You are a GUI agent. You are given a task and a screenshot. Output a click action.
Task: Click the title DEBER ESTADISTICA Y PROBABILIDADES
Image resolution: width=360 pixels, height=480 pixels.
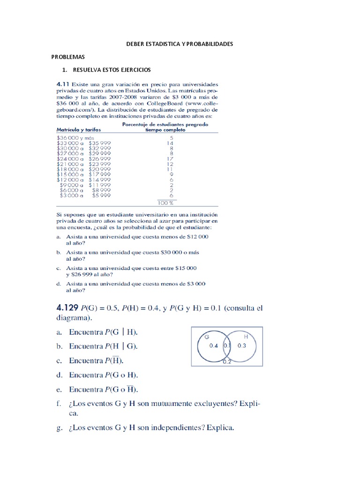pyautogui.click(x=180, y=44)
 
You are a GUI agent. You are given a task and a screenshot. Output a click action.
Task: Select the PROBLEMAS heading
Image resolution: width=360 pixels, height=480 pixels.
pyautogui.click(x=67, y=57)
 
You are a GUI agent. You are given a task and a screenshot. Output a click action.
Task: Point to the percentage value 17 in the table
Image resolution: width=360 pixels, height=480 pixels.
pyautogui.click(x=170, y=158)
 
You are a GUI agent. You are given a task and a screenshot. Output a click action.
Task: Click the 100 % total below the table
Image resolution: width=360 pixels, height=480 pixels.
pyautogui.click(x=165, y=203)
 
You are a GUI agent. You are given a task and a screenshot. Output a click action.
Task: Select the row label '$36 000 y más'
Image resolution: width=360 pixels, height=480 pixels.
pyautogui.click(x=75, y=138)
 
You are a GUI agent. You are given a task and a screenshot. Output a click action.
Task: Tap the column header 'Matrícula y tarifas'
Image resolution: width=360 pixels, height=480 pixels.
pyautogui.click(x=78, y=130)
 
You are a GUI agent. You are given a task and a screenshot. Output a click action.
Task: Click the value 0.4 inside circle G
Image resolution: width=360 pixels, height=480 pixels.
pyautogui.click(x=213, y=346)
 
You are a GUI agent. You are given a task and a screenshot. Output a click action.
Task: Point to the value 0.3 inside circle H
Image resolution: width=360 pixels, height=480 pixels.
pyautogui.click(x=242, y=346)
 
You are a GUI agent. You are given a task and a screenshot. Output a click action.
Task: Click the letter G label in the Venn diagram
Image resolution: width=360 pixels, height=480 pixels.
pyautogui.click(x=206, y=337)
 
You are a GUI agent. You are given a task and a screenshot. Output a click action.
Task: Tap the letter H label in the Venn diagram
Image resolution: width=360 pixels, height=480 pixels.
pyautogui.click(x=246, y=337)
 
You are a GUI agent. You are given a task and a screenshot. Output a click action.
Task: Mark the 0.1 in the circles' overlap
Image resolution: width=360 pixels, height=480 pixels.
pyautogui.click(x=227, y=346)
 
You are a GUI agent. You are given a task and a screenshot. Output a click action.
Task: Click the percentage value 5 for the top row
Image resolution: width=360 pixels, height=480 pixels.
pyautogui.click(x=172, y=138)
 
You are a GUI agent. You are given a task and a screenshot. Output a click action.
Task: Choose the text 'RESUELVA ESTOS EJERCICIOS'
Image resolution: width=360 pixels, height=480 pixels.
pyautogui.click(x=112, y=70)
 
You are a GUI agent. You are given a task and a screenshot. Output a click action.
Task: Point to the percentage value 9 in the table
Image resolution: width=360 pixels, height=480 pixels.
pyautogui.click(x=172, y=174)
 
